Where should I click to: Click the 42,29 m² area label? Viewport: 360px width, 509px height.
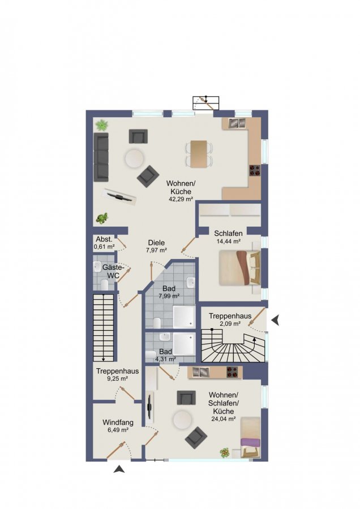pos(181,199)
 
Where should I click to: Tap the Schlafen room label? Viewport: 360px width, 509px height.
pos(228,234)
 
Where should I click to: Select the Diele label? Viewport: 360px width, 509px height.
pos(156,243)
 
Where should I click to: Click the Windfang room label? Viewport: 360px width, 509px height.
pos(118,422)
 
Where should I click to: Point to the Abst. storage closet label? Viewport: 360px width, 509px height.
pos(104,240)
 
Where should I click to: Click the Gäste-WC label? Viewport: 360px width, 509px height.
pos(113,271)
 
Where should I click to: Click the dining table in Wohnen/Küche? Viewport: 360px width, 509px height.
pos(199,154)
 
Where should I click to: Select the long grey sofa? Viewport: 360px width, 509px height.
pos(101,157)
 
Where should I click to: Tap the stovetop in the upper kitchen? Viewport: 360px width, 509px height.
pos(255,171)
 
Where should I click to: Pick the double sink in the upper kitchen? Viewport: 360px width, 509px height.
pos(237,123)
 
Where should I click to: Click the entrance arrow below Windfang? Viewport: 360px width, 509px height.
pos(119,469)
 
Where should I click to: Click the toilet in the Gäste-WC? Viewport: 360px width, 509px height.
pos(104,284)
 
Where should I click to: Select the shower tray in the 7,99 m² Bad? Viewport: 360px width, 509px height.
pos(183,317)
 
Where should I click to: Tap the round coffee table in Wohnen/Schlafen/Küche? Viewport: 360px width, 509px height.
pos(181,420)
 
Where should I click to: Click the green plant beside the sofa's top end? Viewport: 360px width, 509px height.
pos(102,126)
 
